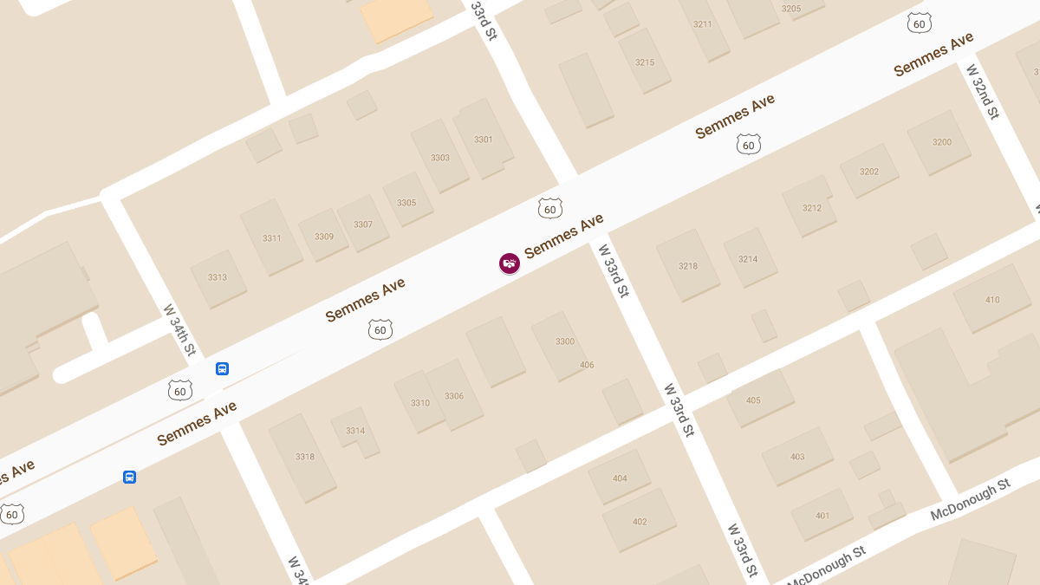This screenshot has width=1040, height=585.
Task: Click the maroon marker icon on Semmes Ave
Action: tap(510, 263)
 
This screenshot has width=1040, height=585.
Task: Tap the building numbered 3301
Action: tap(483, 140)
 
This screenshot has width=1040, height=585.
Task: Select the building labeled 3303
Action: tap(440, 157)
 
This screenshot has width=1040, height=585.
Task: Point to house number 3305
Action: tap(406, 203)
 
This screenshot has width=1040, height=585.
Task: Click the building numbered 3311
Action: tap(271, 238)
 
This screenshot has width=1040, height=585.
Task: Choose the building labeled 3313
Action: tap(218, 277)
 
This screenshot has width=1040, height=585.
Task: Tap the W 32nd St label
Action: tap(983, 91)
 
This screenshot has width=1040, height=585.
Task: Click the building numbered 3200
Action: tap(941, 142)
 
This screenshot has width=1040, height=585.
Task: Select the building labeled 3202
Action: tap(869, 172)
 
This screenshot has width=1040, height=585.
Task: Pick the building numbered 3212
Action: tap(811, 208)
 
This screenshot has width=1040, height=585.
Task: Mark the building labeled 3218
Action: tap(687, 266)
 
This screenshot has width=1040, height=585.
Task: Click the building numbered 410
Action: tap(992, 300)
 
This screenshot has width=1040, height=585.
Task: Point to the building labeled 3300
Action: tap(564, 341)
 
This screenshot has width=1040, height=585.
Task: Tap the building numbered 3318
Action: tap(304, 457)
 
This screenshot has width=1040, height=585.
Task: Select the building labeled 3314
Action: tap(355, 431)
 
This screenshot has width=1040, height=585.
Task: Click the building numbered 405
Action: tap(753, 400)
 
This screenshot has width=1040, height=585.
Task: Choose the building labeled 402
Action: tap(640, 521)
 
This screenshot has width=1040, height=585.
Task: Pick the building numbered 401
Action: tap(822, 516)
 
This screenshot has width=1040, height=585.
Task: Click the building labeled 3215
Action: tap(645, 62)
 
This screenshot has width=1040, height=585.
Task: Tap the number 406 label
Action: tap(587, 365)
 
